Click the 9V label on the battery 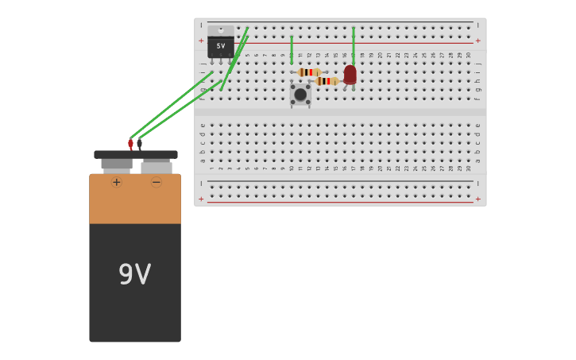coord(134,275)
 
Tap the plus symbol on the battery coord(117,182)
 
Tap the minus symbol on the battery coord(157,182)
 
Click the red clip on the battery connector coord(131,145)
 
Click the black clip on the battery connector coord(140,144)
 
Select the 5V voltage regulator coord(221,46)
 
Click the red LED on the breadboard coord(350,75)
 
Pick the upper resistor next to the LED coord(309,72)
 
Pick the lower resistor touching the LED coord(327,81)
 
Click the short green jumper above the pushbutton coord(292,49)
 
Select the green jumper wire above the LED coord(354,45)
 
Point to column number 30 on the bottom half coord(469,168)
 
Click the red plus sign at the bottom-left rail coord(201,199)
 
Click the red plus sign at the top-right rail coord(477,41)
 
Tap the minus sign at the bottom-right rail coord(477,184)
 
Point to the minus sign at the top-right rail coord(477,25)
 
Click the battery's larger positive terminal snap coord(117,164)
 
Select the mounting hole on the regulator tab coord(221,30)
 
